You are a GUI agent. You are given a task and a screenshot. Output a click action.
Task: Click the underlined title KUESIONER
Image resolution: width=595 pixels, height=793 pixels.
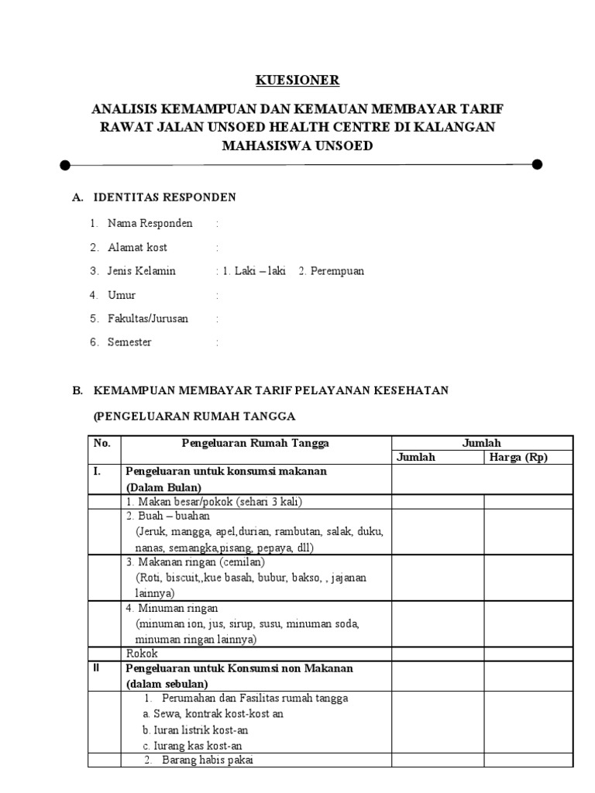(297, 81)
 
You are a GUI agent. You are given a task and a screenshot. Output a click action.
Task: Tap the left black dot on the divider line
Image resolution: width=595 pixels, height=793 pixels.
(65, 164)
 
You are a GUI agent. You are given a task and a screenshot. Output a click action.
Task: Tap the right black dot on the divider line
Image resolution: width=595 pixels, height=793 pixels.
(537, 164)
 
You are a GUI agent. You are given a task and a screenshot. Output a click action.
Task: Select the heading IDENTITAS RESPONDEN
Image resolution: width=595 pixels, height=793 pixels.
(164, 197)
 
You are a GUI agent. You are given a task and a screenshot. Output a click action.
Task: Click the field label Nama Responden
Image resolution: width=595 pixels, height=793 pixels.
(150, 224)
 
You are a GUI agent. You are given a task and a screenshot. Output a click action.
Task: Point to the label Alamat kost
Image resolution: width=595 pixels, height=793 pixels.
(138, 248)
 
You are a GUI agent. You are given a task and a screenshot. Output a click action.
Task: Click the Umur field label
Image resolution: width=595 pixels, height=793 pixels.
(122, 295)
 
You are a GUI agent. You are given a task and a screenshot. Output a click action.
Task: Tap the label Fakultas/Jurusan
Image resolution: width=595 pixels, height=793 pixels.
(148, 318)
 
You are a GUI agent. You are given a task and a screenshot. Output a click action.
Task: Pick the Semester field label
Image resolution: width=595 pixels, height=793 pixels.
(130, 342)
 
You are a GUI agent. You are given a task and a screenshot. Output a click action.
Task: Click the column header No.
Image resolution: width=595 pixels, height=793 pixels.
(102, 443)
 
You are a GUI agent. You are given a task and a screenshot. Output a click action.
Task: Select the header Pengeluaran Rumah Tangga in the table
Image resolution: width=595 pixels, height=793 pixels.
(255, 443)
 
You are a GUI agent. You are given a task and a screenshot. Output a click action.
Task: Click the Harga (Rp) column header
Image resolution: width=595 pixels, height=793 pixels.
(518, 457)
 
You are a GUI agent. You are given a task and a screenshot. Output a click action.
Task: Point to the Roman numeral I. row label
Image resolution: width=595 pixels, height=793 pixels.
(98, 471)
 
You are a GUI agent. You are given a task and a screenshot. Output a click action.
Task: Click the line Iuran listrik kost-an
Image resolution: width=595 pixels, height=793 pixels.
(195, 729)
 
